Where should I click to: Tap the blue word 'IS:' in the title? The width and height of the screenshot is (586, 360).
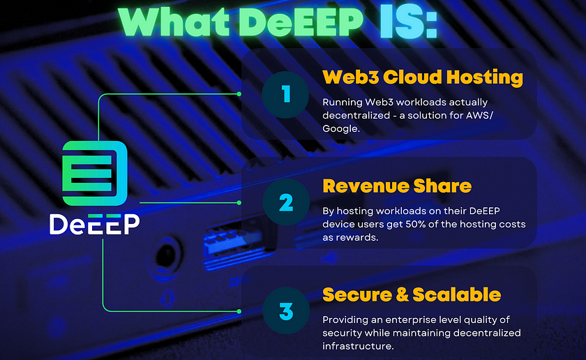[x=409, y=22]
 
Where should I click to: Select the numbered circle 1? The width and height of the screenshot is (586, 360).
[x=285, y=95]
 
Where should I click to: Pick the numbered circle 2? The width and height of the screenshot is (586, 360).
[x=286, y=202]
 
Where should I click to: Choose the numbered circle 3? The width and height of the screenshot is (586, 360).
[x=286, y=310]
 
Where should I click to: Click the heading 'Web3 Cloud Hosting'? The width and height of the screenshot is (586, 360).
[x=423, y=77]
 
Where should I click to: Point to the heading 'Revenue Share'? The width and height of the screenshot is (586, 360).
[x=397, y=186]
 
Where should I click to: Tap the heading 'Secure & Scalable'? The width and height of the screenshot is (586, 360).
[x=412, y=294]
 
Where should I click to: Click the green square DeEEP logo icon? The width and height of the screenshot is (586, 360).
[x=95, y=173]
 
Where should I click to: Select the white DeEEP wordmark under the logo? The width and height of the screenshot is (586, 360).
[x=95, y=224]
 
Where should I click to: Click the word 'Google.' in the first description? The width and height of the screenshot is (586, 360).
[x=341, y=128]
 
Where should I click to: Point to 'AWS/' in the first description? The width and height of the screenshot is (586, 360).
[x=479, y=115]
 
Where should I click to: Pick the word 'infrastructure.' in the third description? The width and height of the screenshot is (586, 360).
[x=358, y=346]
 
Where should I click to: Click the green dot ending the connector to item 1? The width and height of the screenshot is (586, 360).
[x=239, y=93]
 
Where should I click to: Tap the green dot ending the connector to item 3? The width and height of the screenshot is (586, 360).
[x=239, y=311]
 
